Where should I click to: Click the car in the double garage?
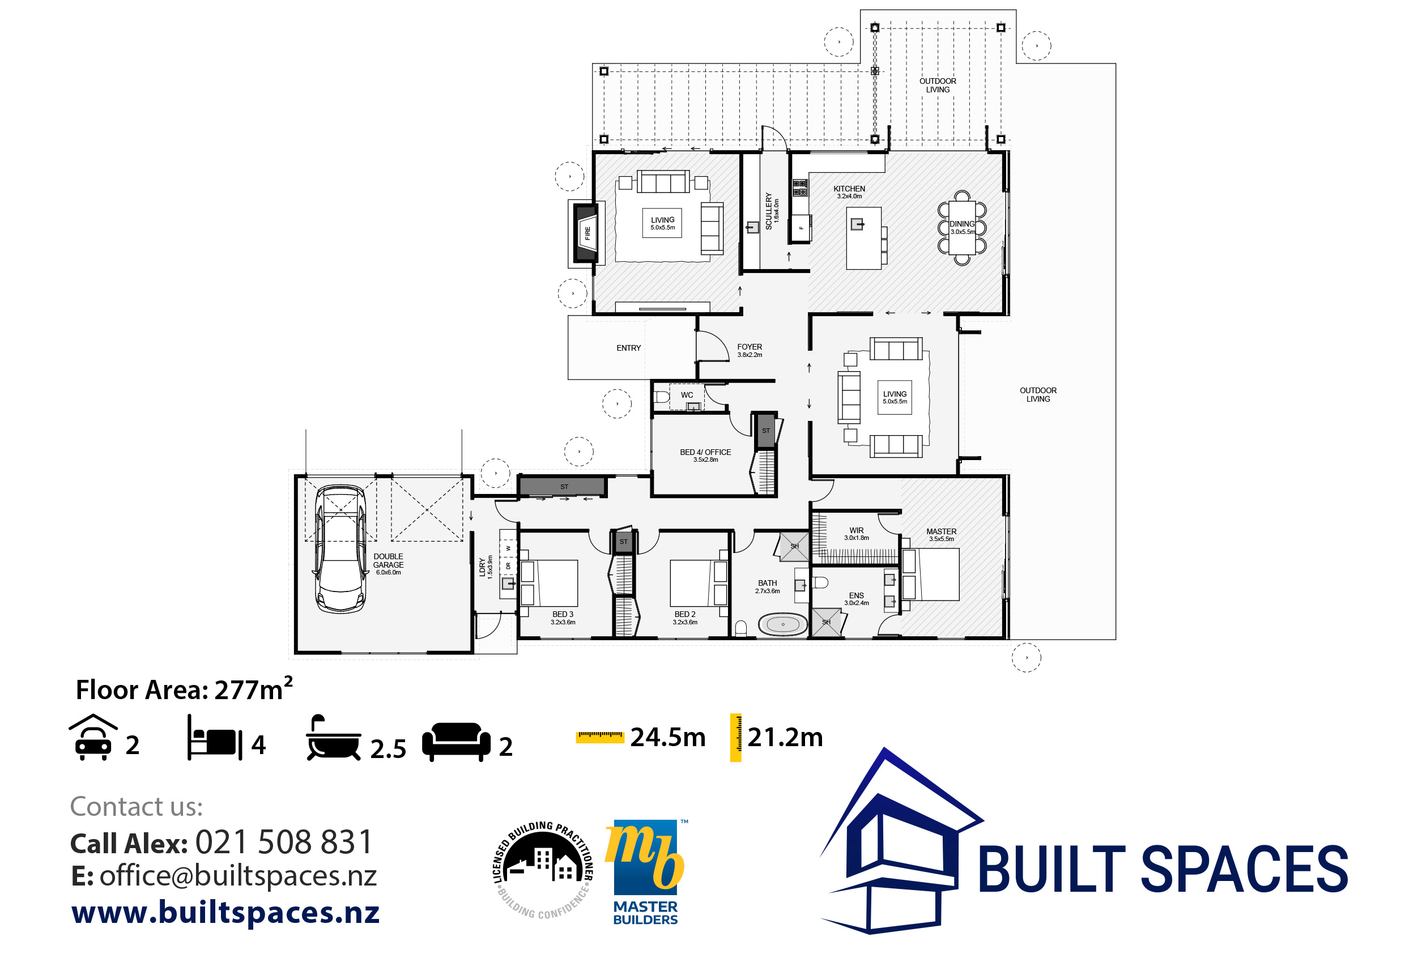tap(340, 549)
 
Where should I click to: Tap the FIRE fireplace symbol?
tap(586, 232)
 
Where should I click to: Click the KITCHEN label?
tap(849, 189)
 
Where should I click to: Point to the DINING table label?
tap(962, 224)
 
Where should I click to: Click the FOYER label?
tap(750, 347)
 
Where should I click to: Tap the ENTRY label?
tap(628, 348)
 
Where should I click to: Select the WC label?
tap(687, 395)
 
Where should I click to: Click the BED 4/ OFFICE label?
tap(705, 452)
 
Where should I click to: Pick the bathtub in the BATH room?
tap(782, 625)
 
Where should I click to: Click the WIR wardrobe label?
tap(857, 530)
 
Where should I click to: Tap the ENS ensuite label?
tap(857, 595)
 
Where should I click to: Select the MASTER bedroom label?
tap(941, 532)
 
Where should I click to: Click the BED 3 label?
tap(563, 614)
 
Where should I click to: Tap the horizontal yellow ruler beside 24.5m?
tap(600, 737)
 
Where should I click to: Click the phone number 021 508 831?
tap(284, 842)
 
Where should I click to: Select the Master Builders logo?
tap(646, 872)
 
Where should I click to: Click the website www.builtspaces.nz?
tap(225, 912)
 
